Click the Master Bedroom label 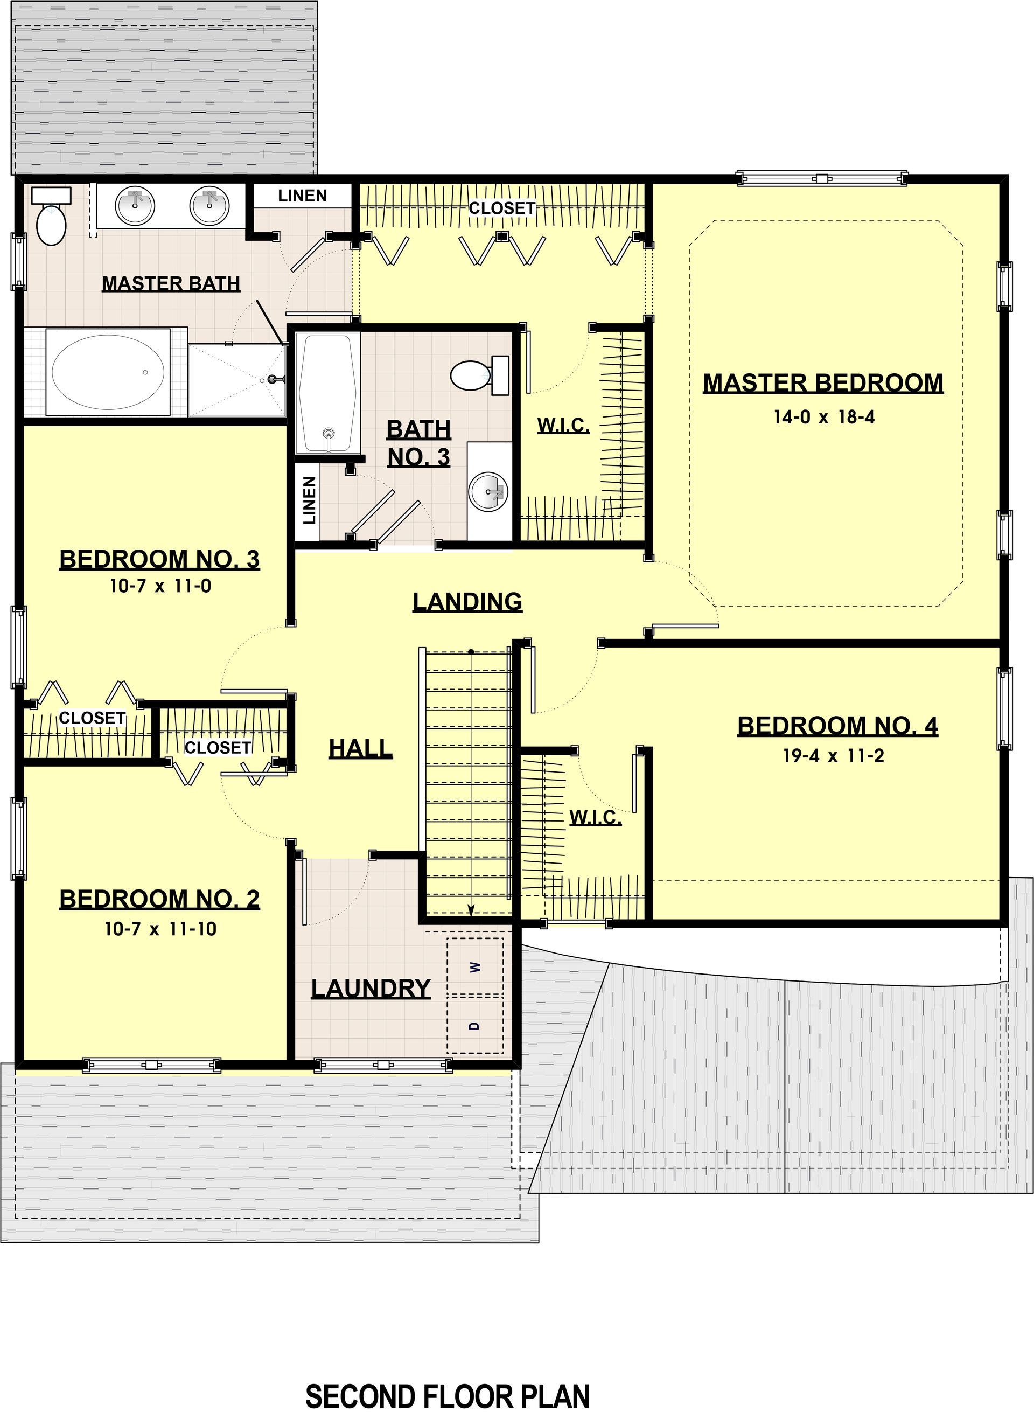coord(823,383)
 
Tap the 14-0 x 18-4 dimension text coord(823,417)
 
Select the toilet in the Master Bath coord(51,217)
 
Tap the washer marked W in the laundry coord(475,967)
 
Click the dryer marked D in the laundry coord(475,1025)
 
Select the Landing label coord(467,602)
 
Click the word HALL coord(360,748)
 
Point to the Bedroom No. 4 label coord(837,726)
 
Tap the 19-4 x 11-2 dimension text coord(834,756)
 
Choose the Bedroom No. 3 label coord(159,559)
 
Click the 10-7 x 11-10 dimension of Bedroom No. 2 coord(160,929)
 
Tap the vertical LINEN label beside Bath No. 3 coord(309,500)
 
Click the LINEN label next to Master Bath coord(302,196)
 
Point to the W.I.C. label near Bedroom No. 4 coord(595,818)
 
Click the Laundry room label coord(371,989)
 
